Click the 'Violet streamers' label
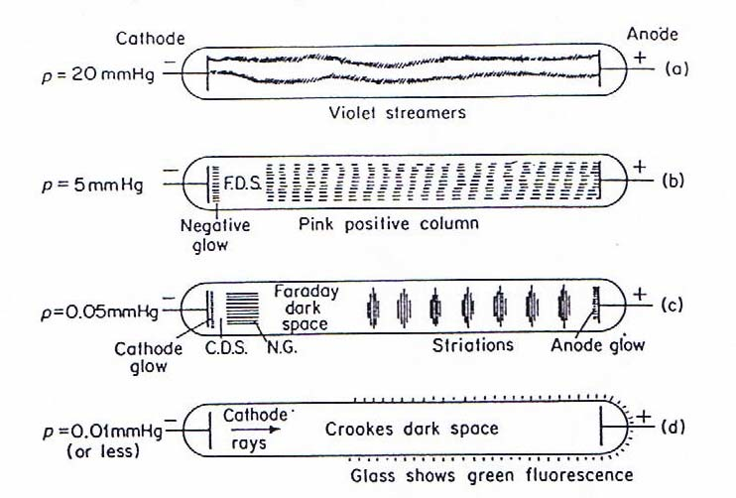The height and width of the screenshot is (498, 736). click(397, 113)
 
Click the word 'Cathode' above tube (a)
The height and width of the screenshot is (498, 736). click(148, 39)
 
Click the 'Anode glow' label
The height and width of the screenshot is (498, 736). click(598, 346)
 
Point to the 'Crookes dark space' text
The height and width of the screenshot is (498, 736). click(411, 430)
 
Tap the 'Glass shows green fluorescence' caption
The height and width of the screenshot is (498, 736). click(491, 475)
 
